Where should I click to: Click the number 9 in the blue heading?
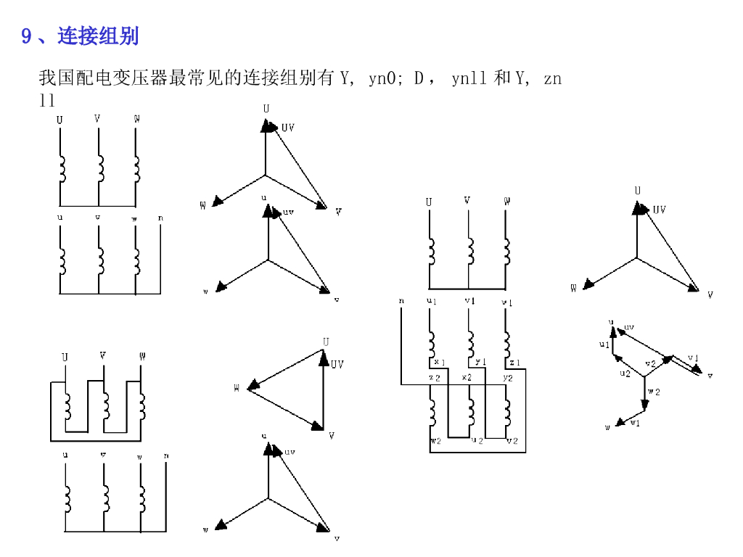pos(26,36)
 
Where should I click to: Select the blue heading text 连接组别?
pos(98,36)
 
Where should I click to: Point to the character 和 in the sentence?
pos(501,78)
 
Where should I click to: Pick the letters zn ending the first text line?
pos(552,78)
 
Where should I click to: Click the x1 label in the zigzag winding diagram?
pos(440,362)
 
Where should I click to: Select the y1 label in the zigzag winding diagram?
pos(480,362)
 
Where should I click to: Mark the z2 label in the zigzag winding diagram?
pos(434,378)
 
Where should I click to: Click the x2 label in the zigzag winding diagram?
pos(467,378)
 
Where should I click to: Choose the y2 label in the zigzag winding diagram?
pos(508,378)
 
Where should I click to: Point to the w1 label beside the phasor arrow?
pos(635,423)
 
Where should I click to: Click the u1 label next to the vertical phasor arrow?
pos(604,344)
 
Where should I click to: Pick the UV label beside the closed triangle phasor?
pos(337,364)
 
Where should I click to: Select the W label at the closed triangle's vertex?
pos(237,388)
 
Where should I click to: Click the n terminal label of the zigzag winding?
pos(401,300)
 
